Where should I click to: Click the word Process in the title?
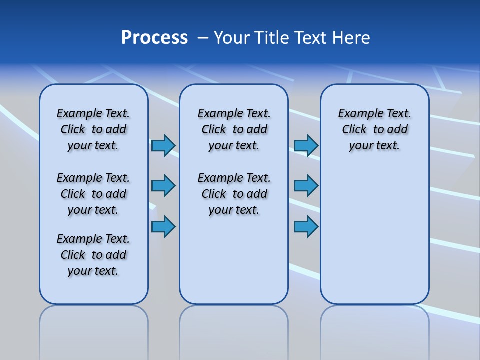pyautogui.click(x=154, y=38)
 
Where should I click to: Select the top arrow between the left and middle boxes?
pyautogui.click(x=163, y=145)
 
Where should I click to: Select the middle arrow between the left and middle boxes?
pyautogui.click(x=163, y=186)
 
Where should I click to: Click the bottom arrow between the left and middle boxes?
pyautogui.click(x=163, y=226)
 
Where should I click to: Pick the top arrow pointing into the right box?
pyautogui.click(x=306, y=145)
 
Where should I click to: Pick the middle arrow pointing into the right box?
pyautogui.click(x=306, y=186)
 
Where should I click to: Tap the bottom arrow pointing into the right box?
pyautogui.click(x=306, y=226)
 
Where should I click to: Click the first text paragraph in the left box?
pyautogui.click(x=93, y=129)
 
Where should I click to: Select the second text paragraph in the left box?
pyautogui.click(x=93, y=194)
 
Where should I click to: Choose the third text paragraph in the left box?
pyautogui.click(x=93, y=255)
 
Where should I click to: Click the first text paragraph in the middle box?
pyautogui.click(x=234, y=129)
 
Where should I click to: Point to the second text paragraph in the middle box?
pyautogui.click(x=234, y=194)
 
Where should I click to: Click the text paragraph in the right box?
pyautogui.click(x=375, y=129)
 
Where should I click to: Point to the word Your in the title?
pyautogui.click(x=231, y=38)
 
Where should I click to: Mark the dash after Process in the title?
pyautogui.click(x=203, y=38)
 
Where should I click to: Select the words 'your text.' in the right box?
pyautogui.click(x=375, y=145)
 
